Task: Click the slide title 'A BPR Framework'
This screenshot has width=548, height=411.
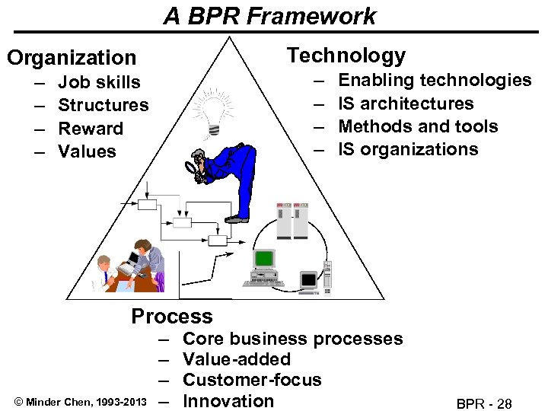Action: (x=269, y=16)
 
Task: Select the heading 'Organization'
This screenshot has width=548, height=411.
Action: (x=72, y=57)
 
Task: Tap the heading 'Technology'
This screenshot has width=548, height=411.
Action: (x=346, y=55)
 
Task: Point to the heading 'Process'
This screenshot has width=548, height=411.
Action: (x=172, y=316)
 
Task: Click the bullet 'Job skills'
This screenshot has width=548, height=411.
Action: (x=99, y=82)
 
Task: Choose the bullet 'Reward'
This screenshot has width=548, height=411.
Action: (x=91, y=129)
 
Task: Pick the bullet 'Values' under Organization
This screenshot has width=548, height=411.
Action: (x=87, y=151)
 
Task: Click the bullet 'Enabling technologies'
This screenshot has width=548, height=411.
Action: (x=435, y=80)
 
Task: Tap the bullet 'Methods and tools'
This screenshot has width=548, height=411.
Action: (x=418, y=126)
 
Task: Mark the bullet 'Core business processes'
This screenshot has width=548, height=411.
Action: (x=293, y=339)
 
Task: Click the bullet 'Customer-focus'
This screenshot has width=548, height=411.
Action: (x=253, y=380)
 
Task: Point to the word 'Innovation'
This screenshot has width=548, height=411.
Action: (x=229, y=401)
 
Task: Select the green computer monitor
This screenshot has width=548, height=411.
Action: (x=265, y=260)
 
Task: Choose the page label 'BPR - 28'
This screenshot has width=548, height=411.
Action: (x=484, y=403)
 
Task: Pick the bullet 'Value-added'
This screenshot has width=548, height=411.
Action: (x=237, y=359)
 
